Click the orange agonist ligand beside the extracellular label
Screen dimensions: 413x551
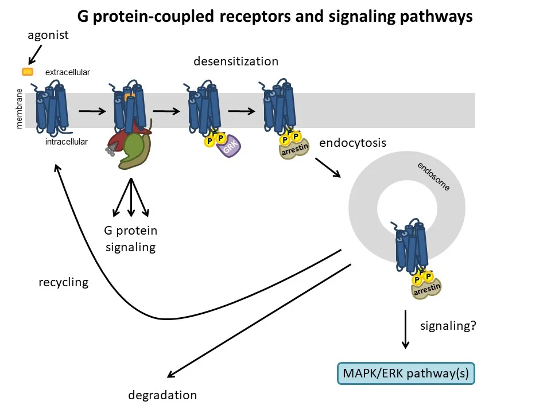27,72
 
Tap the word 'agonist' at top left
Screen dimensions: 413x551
48,35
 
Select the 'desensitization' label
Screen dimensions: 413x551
236,61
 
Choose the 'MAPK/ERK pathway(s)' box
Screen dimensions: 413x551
406,374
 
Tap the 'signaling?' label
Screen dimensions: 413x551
448,326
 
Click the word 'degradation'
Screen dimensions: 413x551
162,395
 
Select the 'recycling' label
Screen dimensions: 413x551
64,282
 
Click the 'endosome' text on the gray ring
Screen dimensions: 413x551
433,176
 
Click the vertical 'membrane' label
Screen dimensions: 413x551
20,108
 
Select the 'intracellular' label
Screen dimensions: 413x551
67,142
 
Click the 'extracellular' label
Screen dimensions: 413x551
68,72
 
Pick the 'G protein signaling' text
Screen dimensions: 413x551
130,239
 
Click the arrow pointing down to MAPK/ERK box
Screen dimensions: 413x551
406,329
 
